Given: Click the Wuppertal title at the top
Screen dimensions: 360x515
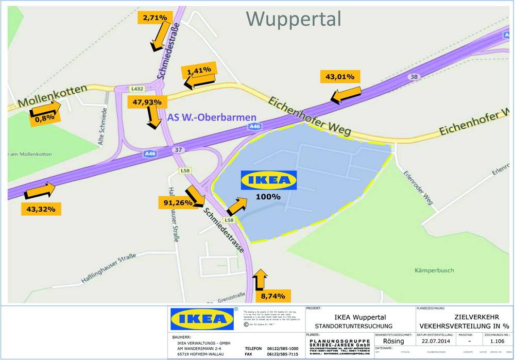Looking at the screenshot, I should [294, 19].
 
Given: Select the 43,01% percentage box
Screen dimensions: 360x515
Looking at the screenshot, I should [340, 77].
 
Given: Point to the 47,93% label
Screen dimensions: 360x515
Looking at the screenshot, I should [147, 102].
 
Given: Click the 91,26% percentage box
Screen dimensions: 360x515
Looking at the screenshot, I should [178, 203].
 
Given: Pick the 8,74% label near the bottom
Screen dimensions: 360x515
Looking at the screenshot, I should [276, 297].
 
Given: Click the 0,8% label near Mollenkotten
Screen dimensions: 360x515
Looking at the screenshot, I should [44, 118].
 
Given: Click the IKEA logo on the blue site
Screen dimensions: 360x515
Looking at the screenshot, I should [269, 180].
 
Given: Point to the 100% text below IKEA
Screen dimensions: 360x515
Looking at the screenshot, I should [268, 197].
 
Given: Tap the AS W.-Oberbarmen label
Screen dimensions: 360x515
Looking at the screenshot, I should [204, 117].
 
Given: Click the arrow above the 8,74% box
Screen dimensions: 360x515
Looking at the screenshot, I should [260, 280].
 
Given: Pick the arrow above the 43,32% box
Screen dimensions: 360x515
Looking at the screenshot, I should [40, 191].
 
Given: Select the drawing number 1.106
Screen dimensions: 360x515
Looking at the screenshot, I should [497, 340].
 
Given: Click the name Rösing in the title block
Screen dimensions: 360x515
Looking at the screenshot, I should [393, 340].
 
